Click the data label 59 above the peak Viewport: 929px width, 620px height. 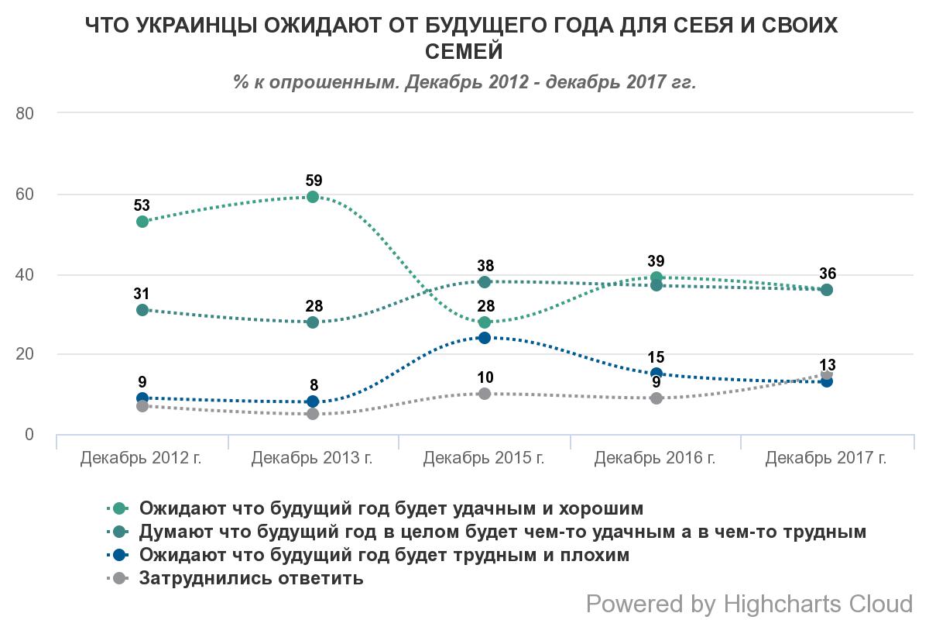[314, 181]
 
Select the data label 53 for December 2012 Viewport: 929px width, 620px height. [142, 205]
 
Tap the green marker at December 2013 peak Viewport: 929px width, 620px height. [314, 197]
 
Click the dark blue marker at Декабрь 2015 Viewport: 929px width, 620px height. [485, 338]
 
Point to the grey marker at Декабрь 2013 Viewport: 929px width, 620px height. [314, 414]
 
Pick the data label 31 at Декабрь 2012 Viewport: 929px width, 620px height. [142, 294]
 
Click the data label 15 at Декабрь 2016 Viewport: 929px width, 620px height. [656, 357]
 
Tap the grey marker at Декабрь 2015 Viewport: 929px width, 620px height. [485, 394]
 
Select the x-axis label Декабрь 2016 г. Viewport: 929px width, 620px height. [655, 458]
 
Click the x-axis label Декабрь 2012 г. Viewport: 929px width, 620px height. [141, 458]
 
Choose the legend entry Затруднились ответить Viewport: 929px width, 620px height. [251, 578]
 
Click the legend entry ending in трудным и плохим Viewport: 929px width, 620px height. [384, 555]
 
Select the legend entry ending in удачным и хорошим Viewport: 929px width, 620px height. [391, 508]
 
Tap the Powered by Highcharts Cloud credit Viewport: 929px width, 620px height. [749, 603]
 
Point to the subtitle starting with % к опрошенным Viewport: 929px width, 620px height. [464, 81]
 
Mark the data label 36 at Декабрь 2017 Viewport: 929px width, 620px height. [827, 274]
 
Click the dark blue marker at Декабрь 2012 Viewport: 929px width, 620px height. [142, 398]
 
